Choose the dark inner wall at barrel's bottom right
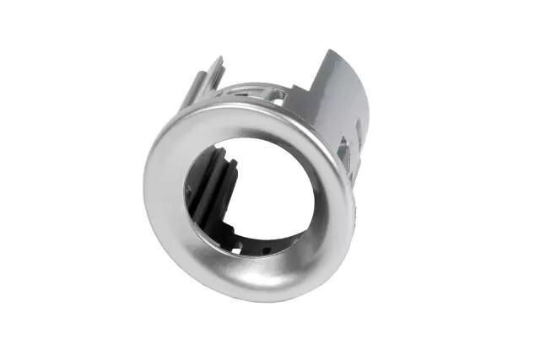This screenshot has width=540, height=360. (x=291, y=240)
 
